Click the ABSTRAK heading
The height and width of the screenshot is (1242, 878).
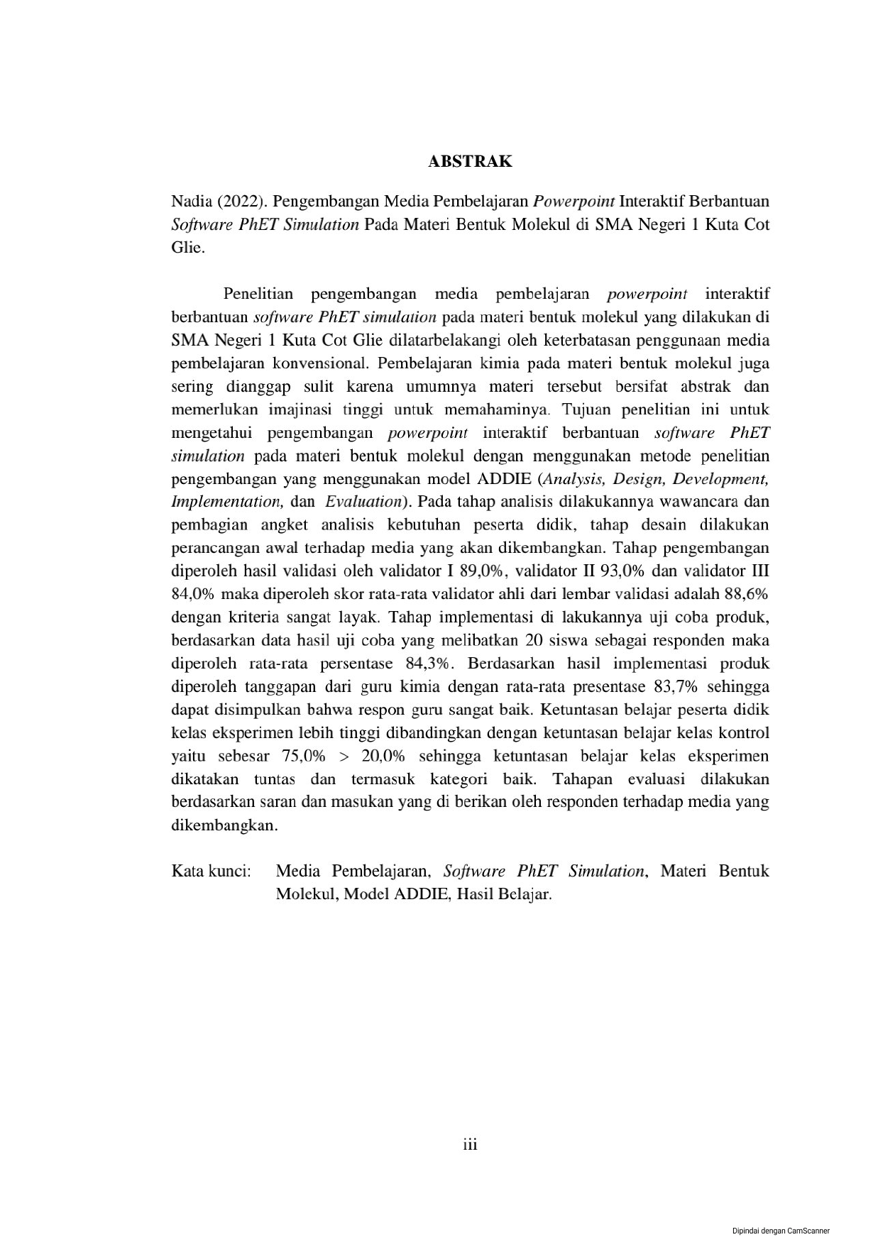[x=469, y=162]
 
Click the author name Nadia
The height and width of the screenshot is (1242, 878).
[x=191, y=202]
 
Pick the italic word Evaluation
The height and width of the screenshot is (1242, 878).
[x=363, y=502]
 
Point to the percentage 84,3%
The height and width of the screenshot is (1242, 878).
[x=427, y=664]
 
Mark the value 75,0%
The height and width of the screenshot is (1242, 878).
[x=303, y=757]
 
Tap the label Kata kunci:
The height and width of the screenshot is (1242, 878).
[x=212, y=872]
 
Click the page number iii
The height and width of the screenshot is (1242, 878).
[x=470, y=1145]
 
